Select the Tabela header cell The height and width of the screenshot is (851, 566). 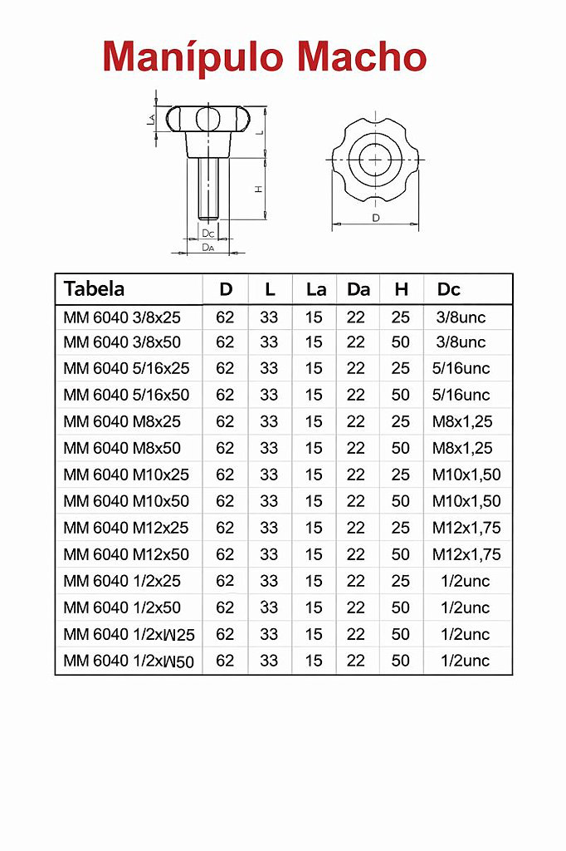pos(94,288)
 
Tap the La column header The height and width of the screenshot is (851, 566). pos(316,289)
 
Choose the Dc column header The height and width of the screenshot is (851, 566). pos(448,289)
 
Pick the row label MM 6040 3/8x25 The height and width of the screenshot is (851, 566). pos(122,317)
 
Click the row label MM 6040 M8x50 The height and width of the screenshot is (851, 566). pos(122,448)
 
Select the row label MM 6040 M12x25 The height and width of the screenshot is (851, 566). pos(126,528)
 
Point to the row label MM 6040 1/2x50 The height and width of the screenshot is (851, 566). pos(122,608)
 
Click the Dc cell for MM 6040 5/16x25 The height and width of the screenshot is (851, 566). pos(461,368)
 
